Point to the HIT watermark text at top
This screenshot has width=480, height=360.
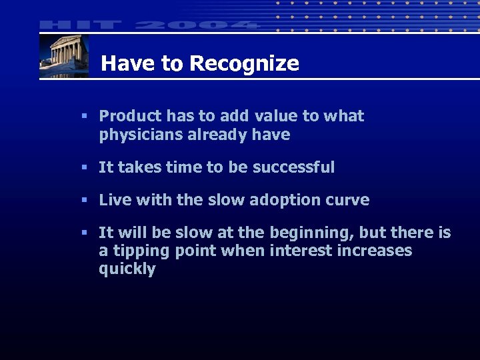coord(81,25)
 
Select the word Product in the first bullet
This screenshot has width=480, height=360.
coord(131,116)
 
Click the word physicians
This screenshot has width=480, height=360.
coord(137,135)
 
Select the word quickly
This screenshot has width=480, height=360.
coord(127,269)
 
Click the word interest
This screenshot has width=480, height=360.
coord(297,251)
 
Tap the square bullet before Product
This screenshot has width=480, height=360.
coord(84,116)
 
